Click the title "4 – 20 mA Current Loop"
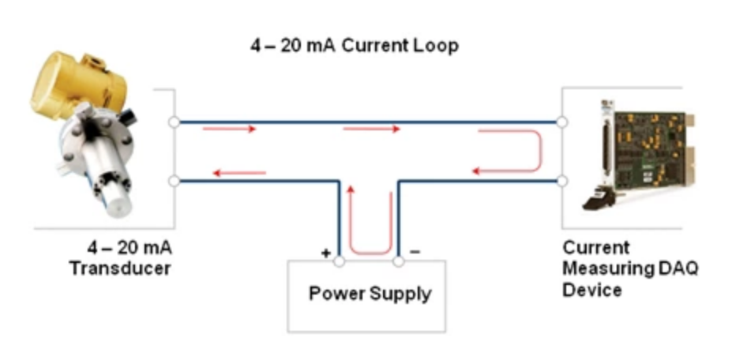pos(354,46)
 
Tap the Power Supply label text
pos(370,294)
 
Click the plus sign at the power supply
pos(325,253)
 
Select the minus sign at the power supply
pos(416,252)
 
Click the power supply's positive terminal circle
pos(340,260)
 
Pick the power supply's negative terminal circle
pos(399,260)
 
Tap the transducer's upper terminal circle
pos(174,122)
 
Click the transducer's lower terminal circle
pos(174,182)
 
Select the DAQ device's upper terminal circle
pos(561,122)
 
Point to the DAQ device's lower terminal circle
pos(561,182)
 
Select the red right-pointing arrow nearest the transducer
pos(229,129)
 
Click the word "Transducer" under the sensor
pos(120,268)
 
